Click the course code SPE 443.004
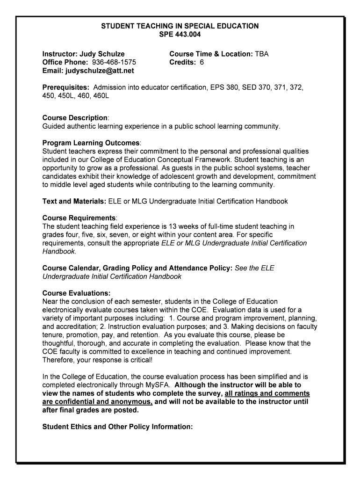point(180,35)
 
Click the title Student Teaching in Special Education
point(180,26)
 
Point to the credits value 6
point(202,63)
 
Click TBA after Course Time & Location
point(261,54)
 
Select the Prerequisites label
point(66,88)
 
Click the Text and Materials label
point(74,202)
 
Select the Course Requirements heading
point(79,218)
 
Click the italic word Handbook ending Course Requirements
point(58,252)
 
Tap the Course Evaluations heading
point(76,293)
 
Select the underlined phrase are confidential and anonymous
point(97,402)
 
